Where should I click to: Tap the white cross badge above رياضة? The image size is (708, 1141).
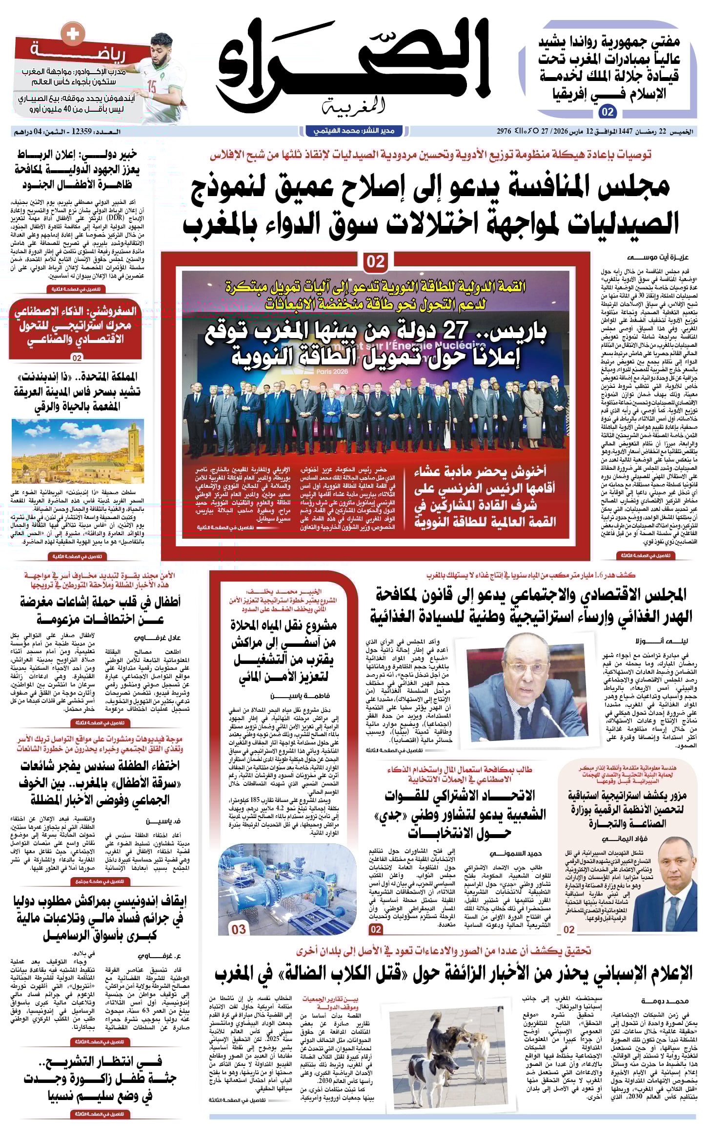tap(72, 34)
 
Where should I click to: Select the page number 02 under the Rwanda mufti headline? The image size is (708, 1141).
tap(607, 112)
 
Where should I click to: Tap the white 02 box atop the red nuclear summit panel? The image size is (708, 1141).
tap(375, 262)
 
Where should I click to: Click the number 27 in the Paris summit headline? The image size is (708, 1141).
tap(455, 332)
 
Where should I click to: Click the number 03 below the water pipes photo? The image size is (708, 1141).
tap(239, 930)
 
